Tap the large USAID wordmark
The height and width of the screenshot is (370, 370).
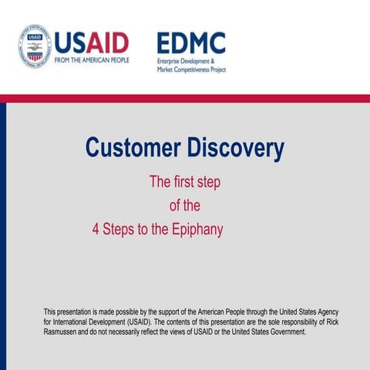pyautogui.click(x=92, y=41)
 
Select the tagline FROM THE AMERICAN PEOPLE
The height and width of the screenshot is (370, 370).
pyautogui.click(x=92, y=60)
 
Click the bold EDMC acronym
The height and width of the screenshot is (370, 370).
pyautogui.click(x=191, y=42)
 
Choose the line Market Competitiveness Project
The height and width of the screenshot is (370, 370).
pyautogui.click(x=191, y=69)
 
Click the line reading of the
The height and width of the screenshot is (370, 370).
pyautogui.click(x=185, y=206)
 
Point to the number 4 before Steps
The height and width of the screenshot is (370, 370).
pyautogui.click(x=96, y=230)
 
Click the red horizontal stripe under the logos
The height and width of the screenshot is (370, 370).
pyautogui.click(x=185, y=98)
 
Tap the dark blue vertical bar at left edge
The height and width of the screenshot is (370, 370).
pyautogui.click(x=3, y=231)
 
